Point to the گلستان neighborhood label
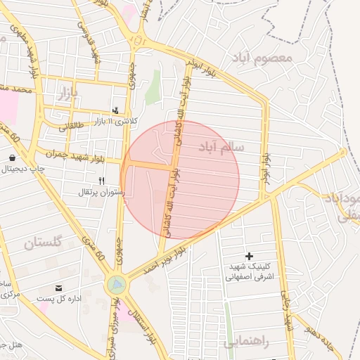[43, 243]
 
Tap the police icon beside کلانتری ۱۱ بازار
[116, 110]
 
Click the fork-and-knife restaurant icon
[101, 181]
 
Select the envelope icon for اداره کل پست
[58, 288]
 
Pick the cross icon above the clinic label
[248, 256]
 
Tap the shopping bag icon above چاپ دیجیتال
[13, 157]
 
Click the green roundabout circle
[116, 285]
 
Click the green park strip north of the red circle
[152, 88]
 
